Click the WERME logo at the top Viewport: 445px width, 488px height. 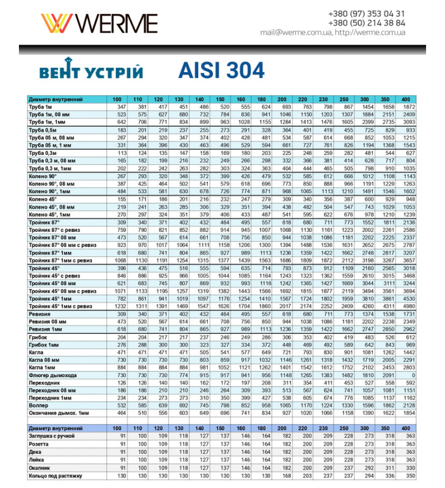pyautogui.click(x=98, y=23)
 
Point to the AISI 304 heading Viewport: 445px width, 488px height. pyautogui.click(x=222, y=70)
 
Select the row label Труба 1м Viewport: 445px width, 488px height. pyautogui.click(x=42, y=107)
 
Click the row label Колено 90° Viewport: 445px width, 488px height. pyautogui.click(x=43, y=176)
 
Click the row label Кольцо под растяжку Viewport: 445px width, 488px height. pyautogui.click(x=55, y=476)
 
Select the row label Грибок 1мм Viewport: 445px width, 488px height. pyautogui.click(x=43, y=345)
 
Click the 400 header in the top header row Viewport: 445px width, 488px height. pyautogui.click(x=406, y=99)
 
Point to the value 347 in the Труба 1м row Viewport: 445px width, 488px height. pyautogui.click(x=121, y=107)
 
